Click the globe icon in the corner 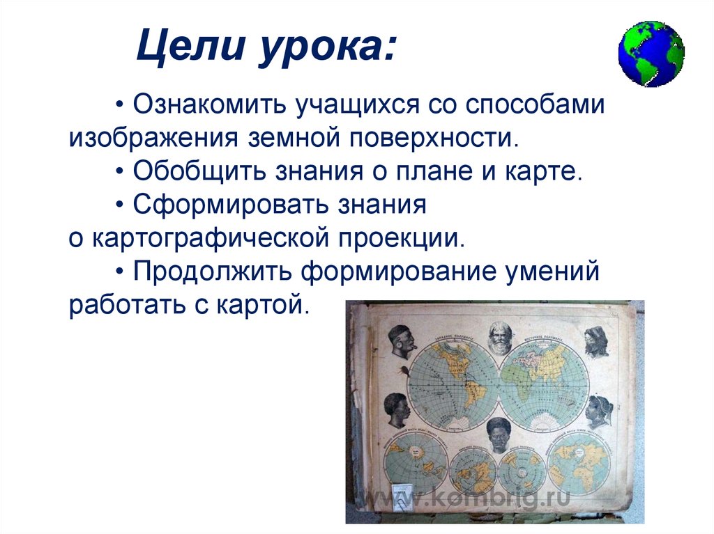651,54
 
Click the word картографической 209,237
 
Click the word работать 119,304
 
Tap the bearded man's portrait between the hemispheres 499,338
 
